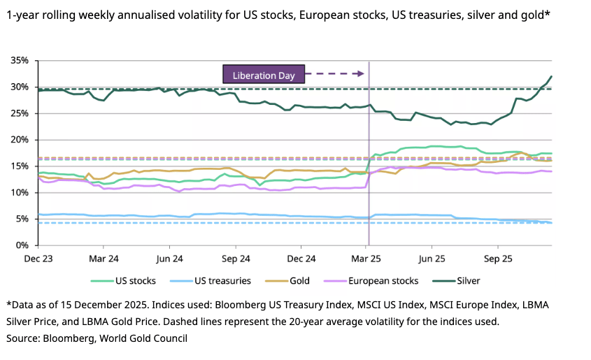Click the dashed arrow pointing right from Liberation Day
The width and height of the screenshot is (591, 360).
336,73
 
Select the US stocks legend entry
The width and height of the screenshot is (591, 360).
131,281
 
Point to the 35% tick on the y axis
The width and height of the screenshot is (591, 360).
20,61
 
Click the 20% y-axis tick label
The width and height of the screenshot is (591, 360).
20,140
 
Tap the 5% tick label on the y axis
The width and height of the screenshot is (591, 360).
22,219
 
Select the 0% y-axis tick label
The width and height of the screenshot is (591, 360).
22,245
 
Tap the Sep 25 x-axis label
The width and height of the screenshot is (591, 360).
497,258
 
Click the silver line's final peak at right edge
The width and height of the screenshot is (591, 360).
551,77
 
